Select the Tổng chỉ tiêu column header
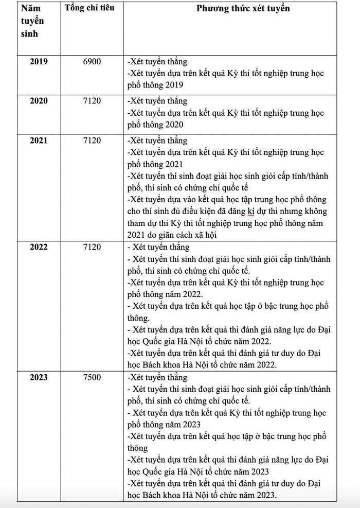coord(90,8)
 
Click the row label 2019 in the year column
coord(39,61)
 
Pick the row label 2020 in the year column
coord(39,101)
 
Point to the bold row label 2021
coord(39,141)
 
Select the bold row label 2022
coord(39,247)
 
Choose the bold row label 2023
coord(39,377)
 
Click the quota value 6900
coord(92,61)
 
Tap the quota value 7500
coord(92,377)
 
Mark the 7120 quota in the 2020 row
coord(92,101)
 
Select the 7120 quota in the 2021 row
coord(92,141)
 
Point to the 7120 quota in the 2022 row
coord(92,247)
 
